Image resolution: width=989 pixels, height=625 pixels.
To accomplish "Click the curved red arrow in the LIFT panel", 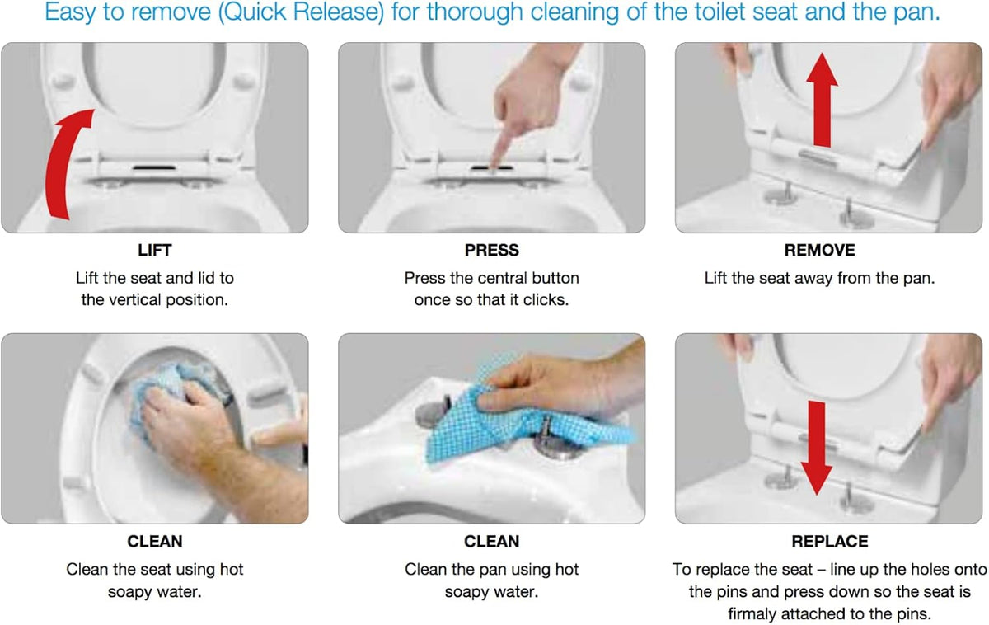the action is (62, 163).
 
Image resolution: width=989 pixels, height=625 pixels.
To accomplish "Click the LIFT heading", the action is (155, 251).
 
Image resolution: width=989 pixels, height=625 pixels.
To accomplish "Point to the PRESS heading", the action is (491, 251).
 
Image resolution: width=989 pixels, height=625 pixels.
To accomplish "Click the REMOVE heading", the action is (819, 251).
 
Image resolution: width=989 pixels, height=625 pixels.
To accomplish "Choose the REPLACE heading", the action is (830, 542).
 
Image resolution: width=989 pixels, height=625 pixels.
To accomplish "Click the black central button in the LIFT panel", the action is (155, 168).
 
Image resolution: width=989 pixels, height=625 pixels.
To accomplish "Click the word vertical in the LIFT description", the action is (135, 300).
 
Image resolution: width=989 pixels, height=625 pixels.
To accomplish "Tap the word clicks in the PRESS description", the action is (546, 300).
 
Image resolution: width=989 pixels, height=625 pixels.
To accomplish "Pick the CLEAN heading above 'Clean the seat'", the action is (155, 542).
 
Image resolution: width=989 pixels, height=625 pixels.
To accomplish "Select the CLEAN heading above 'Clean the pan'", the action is (491, 542).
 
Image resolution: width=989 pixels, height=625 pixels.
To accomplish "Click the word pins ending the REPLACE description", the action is (916, 614).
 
